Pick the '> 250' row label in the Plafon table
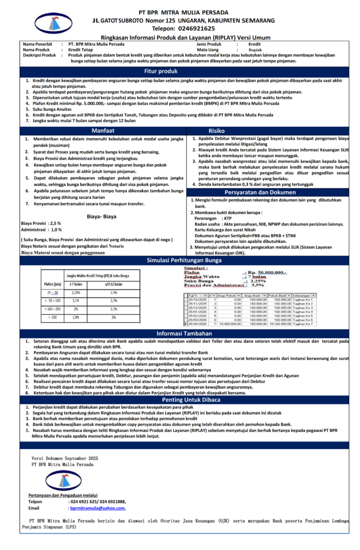53,317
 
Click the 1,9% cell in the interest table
76,317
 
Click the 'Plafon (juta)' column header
53,284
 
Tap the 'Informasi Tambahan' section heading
179,333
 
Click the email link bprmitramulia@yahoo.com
97,508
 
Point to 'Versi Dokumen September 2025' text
65,458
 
